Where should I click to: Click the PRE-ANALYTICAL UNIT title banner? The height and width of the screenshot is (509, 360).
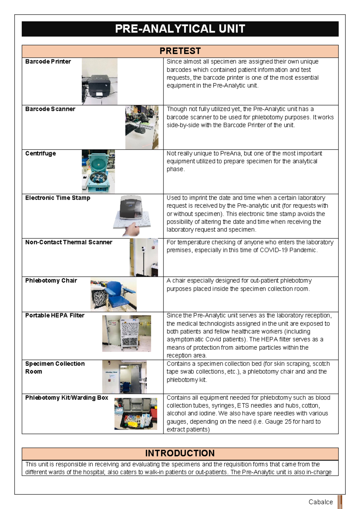180,29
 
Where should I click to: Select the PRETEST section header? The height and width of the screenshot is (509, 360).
180,51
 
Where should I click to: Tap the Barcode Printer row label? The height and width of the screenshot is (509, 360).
48,62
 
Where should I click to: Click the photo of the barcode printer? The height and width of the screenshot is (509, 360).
100,81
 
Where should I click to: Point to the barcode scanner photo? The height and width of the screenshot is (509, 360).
142,127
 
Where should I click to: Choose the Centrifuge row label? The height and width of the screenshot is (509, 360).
40,153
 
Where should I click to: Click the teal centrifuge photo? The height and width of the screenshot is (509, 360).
98,171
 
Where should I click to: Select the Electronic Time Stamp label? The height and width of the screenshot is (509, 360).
58,198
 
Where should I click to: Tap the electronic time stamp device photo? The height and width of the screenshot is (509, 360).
132,215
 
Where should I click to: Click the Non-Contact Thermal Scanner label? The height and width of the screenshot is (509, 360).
69,242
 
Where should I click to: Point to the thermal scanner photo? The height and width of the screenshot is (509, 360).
144,257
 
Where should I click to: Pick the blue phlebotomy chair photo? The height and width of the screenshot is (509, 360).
113,294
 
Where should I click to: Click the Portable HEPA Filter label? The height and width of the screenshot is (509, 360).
55,315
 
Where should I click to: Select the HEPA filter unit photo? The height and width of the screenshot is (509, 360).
127,333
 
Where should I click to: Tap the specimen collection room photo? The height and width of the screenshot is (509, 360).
124,377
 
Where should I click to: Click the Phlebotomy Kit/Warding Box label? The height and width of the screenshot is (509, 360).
67,398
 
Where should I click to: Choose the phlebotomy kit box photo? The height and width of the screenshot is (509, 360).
136,414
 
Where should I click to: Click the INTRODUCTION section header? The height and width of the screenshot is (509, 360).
180,453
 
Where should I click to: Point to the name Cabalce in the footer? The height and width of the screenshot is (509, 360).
321,502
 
